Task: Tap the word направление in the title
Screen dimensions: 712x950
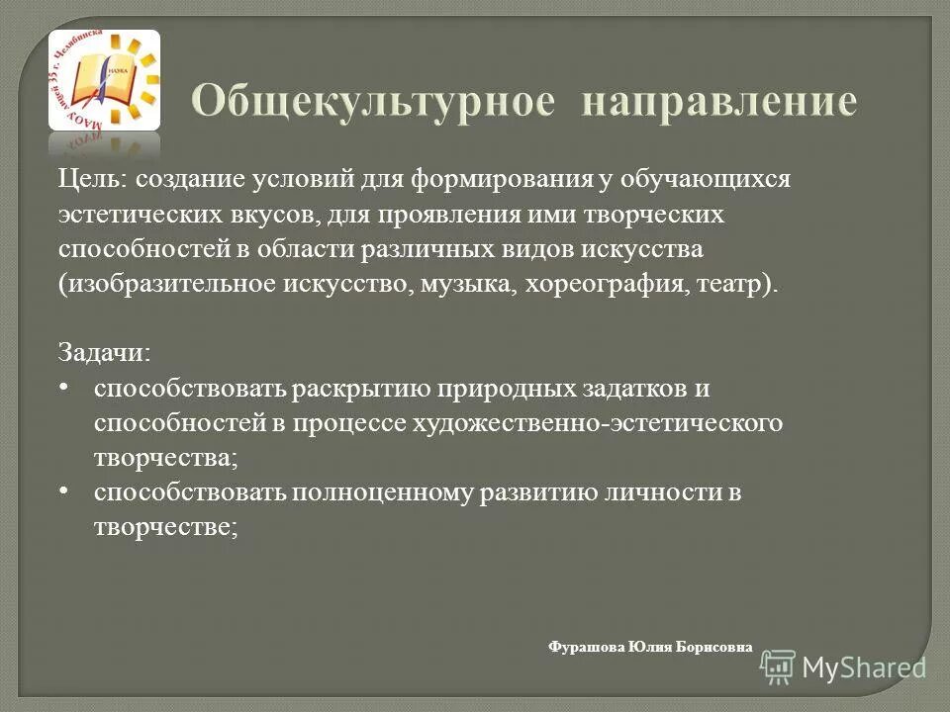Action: (x=718, y=104)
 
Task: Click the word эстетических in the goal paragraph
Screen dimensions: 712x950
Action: (x=119, y=215)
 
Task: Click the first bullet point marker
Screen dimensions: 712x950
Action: (x=64, y=388)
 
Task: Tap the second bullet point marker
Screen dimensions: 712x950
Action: (x=64, y=490)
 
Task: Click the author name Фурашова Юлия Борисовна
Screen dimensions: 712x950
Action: (x=649, y=647)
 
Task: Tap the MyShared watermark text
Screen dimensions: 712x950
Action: (x=864, y=667)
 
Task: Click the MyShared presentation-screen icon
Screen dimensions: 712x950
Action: (x=779, y=667)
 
